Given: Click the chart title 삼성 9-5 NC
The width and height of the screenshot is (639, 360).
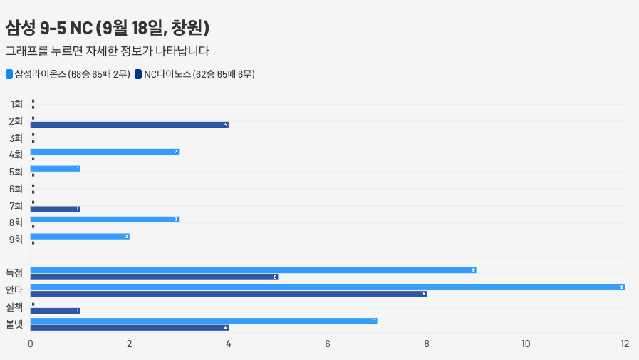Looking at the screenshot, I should click(x=107, y=28).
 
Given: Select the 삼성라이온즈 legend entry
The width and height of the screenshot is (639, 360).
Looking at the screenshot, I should click(x=67, y=74).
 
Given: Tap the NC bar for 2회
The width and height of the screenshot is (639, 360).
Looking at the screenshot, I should click(x=129, y=125).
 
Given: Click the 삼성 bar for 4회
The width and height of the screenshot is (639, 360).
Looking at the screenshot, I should click(x=104, y=152).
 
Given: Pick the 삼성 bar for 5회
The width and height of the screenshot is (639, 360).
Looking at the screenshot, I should click(x=55, y=169).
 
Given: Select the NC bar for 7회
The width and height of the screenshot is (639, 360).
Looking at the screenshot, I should click(x=55, y=209).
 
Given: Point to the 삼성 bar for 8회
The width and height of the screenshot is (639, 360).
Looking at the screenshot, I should click(x=104, y=220).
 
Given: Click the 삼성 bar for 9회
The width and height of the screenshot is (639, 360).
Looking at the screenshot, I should click(x=79, y=237).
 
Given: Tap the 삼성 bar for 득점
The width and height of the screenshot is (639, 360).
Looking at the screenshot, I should click(x=253, y=270).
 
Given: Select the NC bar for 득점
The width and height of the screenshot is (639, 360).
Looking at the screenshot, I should click(x=154, y=277).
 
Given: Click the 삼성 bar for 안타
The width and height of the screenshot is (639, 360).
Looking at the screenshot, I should click(x=327, y=287).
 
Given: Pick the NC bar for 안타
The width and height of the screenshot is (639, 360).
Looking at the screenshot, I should click(x=228, y=294).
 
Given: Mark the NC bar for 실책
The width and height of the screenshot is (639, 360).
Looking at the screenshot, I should click(x=55, y=311).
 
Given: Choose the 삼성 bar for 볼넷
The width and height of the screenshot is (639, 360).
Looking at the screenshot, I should click(x=203, y=321).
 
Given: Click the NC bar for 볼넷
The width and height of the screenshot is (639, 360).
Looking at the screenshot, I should click(x=129, y=328).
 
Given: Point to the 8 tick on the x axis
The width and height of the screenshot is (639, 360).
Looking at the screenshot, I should click(x=427, y=344).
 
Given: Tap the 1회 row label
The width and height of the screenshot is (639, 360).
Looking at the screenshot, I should click(x=16, y=104).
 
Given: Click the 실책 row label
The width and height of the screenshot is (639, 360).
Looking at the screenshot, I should click(x=14, y=307).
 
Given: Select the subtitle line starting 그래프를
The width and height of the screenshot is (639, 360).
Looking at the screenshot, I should click(x=107, y=51).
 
